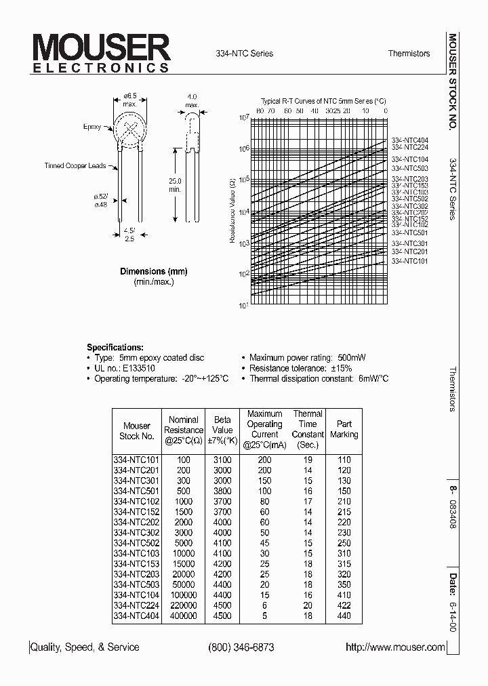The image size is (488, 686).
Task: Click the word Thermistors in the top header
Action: [409, 54]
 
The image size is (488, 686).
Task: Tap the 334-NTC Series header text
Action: [244, 54]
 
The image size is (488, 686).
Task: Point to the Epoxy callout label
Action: [91, 127]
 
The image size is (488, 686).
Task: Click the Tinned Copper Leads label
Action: [75, 165]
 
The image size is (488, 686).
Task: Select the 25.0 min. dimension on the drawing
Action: [176, 186]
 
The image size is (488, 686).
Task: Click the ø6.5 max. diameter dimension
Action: [129, 100]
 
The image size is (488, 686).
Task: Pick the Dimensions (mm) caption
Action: [154, 271]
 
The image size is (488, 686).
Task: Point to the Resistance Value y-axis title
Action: [232, 211]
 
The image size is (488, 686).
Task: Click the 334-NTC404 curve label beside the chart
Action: [410, 140]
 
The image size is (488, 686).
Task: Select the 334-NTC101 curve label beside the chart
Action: [410, 260]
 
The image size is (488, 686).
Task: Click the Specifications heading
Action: [115, 346]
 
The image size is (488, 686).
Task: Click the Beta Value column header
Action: [222, 425]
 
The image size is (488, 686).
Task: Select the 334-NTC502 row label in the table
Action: [136, 542]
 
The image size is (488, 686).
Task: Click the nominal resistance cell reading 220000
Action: [183, 605]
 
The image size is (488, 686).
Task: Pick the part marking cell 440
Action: [344, 616]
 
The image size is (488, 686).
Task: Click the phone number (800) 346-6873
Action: [241, 647]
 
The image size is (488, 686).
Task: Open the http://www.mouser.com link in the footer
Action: [395, 647]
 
